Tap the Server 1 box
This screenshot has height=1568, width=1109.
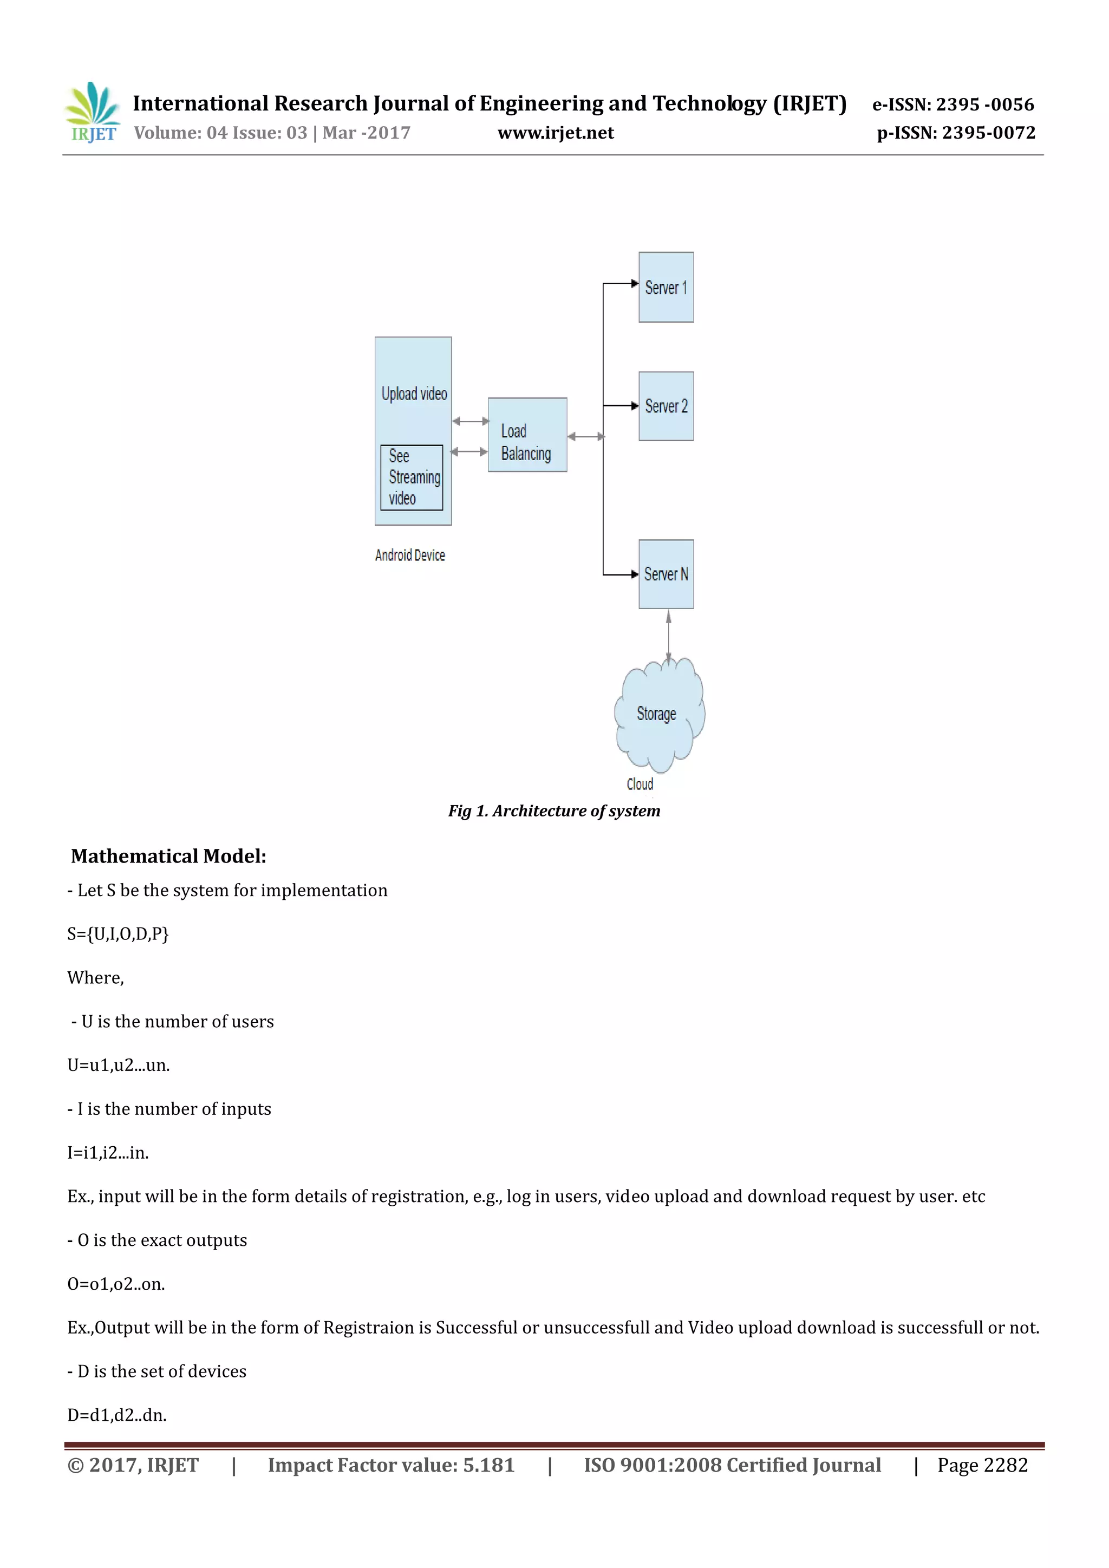click(666, 288)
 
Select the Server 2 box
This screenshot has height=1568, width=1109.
click(666, 406)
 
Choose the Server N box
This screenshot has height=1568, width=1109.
click(666, 574)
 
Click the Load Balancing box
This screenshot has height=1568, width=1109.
click(527, 435)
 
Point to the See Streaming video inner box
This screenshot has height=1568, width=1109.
click(412, 478)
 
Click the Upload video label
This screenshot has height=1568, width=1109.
click(414, 394)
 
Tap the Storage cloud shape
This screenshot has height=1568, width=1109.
click(657, 714)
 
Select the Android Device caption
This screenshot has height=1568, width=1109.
click(410, 555)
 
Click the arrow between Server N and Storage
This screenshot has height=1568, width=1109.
click(669, 635)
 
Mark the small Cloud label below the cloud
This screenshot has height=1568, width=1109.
click(640, 784)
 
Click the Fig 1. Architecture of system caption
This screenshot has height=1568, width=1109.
click(554, 811)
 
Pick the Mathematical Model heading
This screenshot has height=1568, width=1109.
click(168, 855)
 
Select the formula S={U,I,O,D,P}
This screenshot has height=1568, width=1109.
click(118, 933)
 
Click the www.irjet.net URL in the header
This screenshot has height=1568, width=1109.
click(555, 133)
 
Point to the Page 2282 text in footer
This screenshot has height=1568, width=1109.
click(982, 1465)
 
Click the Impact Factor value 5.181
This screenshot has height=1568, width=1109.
click(390, 1465)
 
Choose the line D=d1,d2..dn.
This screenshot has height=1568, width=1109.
click(117, 1415)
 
